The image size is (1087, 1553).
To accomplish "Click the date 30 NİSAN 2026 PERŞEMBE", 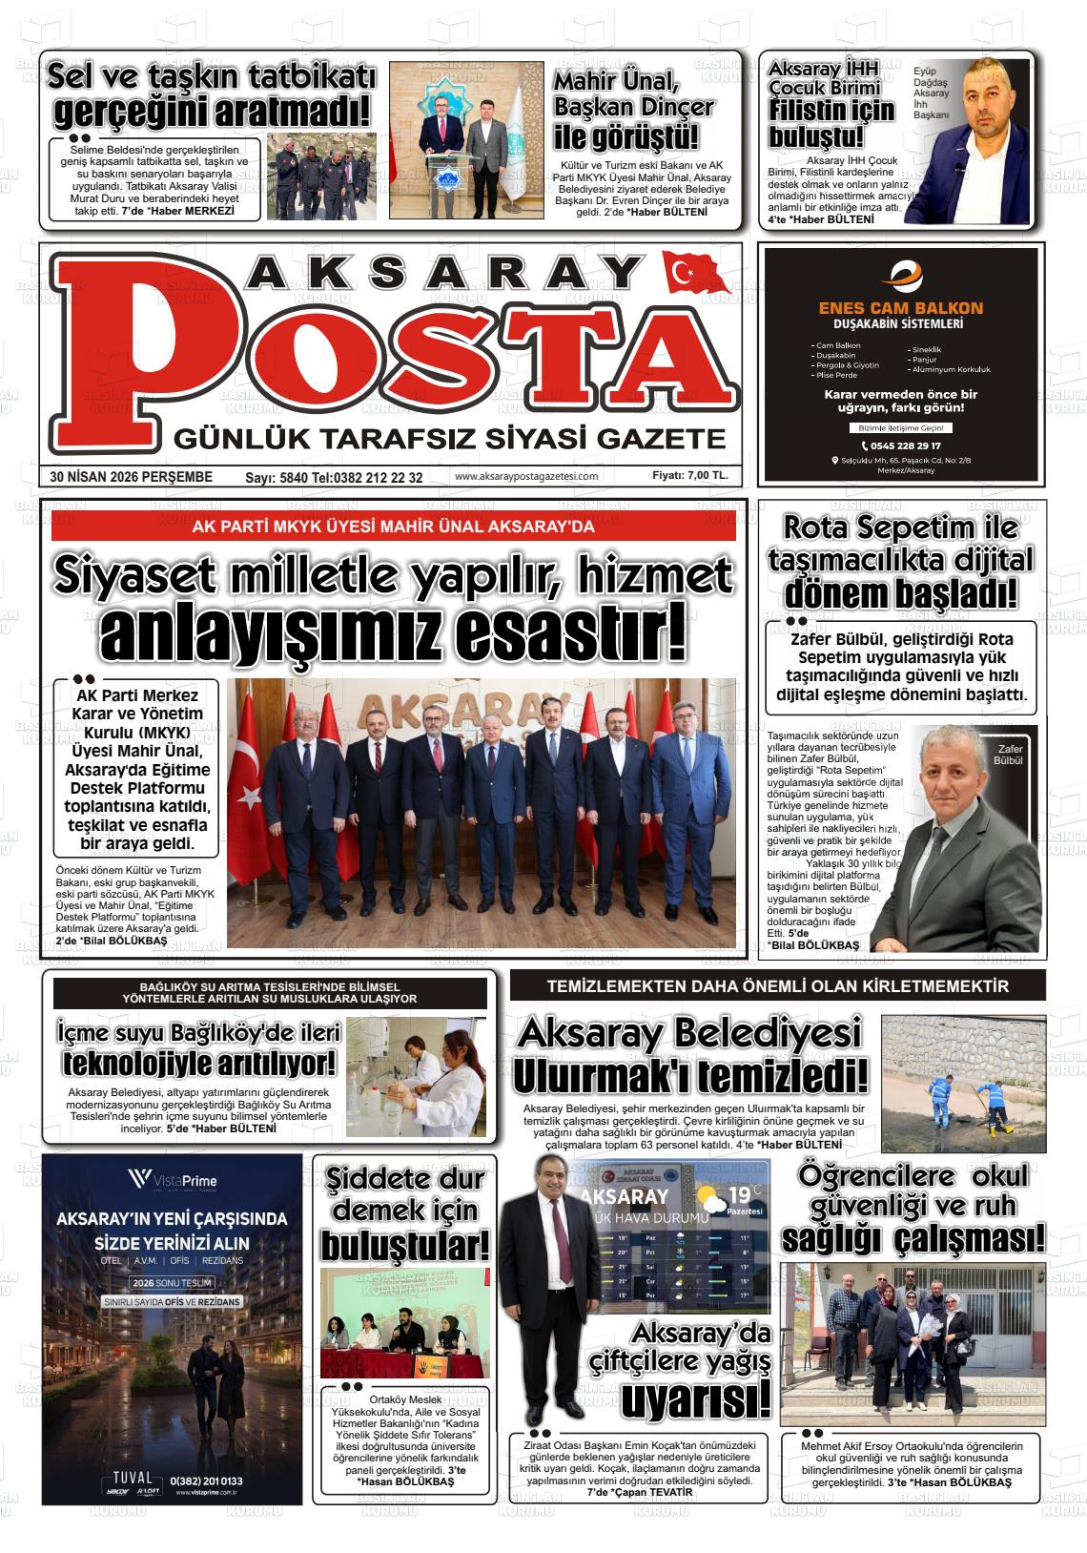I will coord(132,476).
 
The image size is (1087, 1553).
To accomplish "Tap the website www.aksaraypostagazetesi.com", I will coord(526,476).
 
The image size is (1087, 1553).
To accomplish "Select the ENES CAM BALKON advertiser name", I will coord(900,308).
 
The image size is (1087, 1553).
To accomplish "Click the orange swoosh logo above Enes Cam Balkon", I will coord(900,278).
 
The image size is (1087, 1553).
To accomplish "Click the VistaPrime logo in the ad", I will coord(173,1181).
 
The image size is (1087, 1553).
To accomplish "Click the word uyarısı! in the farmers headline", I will coord(695,1401).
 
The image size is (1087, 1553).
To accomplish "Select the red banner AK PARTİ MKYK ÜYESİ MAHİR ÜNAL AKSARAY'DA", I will coord(393,527).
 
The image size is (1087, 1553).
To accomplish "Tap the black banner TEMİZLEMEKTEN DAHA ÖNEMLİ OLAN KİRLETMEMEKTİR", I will coord(777,986).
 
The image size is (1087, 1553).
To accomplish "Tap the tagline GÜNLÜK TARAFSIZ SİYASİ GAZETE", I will coord(448,440).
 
